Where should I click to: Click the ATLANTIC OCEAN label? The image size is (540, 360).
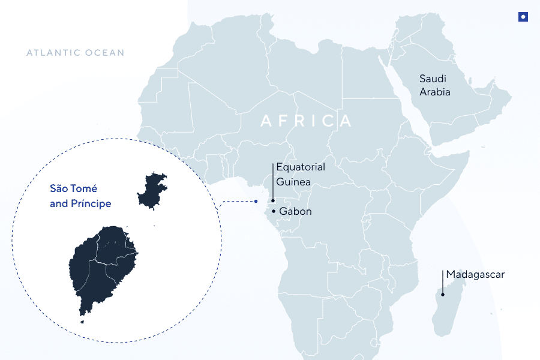(76, 53)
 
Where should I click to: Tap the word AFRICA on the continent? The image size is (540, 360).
(306, 121)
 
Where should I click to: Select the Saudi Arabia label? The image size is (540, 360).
(434, 85)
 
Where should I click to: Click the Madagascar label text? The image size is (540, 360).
(475, 275)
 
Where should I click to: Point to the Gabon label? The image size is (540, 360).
(295, 212)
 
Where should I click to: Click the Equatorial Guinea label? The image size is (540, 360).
(300, 174)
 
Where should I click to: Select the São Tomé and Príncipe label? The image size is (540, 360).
(80, 196)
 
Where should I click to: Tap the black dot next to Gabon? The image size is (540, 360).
(274, 211)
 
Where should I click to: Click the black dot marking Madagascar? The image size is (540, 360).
(443, 294)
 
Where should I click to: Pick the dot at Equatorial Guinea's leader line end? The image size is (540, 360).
(272, 201)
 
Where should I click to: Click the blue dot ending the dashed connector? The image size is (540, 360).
(256, 201)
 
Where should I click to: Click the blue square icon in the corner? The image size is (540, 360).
(523, 17)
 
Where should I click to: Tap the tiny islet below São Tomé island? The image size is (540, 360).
(82, 322)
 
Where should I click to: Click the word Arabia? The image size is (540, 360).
(434, 92)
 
